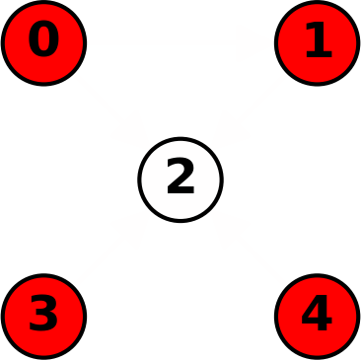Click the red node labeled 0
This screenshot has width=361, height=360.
pyautogui.click(x=43, y=42)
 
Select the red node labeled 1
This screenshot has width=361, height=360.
pyautogui.click(x=317, y=42)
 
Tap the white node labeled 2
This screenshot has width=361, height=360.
pyautogui.click(x=180, y=180)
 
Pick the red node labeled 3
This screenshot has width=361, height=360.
pyautogui.click(x=43, y=316)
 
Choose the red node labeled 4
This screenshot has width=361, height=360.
pyautogui.click(x=317, y=316)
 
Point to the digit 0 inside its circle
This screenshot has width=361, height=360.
pyautogui.click(x=43, y=41)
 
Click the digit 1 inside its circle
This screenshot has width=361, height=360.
pyautogui.click(x=317, y=41)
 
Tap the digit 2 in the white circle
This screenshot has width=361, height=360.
pyautogui.click(x=180, y=179)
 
